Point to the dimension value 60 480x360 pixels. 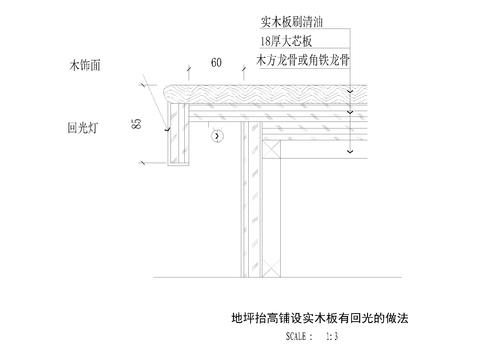216,63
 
